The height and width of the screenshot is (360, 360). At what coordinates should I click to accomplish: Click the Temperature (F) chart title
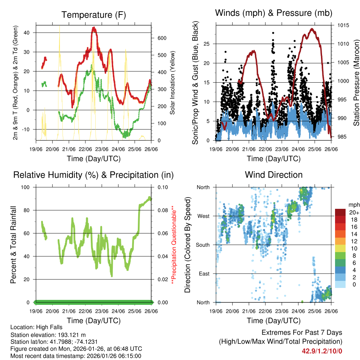click(x=94, y=15)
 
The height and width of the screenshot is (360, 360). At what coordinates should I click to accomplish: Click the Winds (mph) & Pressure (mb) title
click(x=274, y=13)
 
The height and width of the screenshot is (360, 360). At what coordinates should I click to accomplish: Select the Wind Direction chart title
click(x=274, y=175)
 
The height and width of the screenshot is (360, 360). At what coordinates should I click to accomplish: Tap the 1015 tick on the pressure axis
click(x=343, y=26)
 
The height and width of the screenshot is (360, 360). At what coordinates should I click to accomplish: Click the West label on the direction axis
click(x=203, y=216)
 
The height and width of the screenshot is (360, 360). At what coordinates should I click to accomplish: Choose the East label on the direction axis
click(x=204, y=274)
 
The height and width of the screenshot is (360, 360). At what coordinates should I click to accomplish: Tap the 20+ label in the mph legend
click(x=354, y=212)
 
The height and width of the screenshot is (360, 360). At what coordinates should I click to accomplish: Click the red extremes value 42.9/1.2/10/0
click(x=322, y=351)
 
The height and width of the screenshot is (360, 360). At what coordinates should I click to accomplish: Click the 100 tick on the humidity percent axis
click(x=28, y=187)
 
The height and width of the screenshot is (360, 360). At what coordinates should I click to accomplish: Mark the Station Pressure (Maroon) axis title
click(x=356, y=73)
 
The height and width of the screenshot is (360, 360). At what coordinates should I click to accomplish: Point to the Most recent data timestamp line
click(x=76, y=356)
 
